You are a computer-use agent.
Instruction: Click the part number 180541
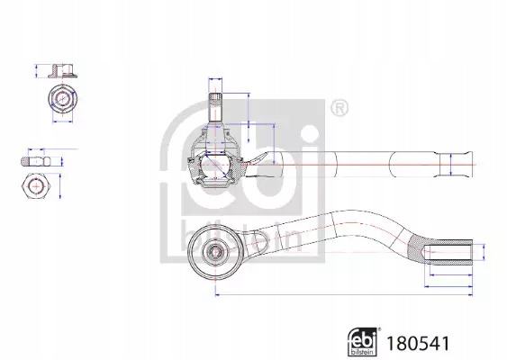click(x=418, y=343)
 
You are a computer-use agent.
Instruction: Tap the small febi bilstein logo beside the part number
click(x=364, y=342)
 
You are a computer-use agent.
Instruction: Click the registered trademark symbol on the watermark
click(x=340, y=108)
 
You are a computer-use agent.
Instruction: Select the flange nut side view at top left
click(x=63, y=71)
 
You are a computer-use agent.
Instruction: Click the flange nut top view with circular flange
click(x=63, y=98)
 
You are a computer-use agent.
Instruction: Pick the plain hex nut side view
click(x=36, y=161)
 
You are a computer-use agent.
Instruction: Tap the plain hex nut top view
click(x=36, y=186)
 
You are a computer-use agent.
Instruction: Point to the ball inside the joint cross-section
click(x=215, y=165)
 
